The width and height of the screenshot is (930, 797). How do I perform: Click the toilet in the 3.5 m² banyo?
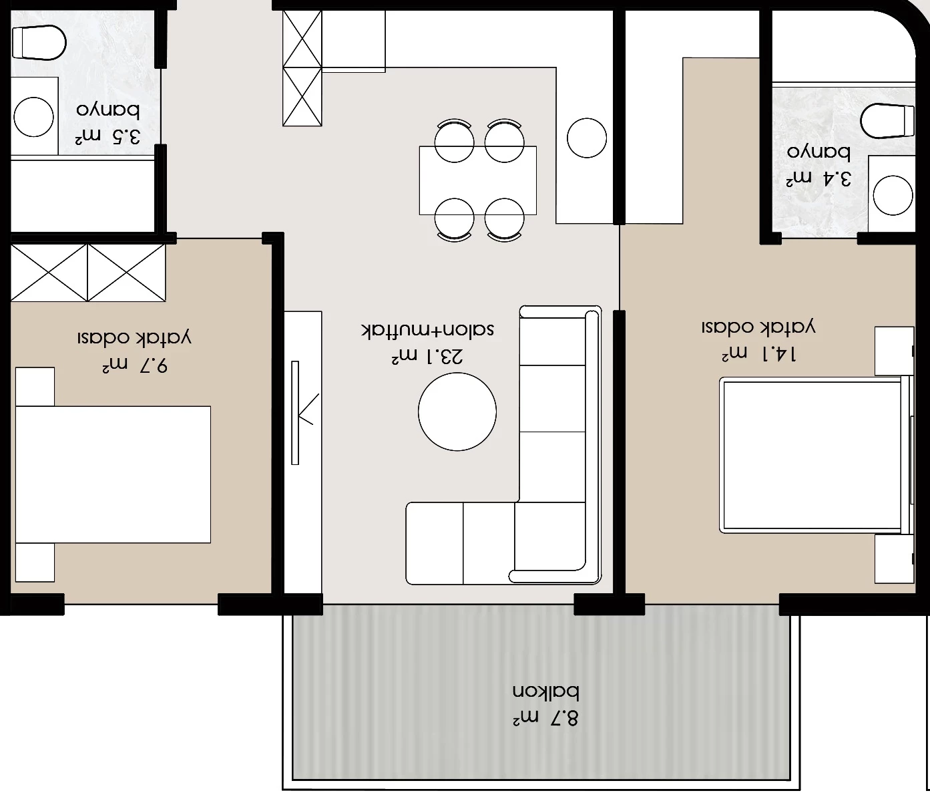pyautogui.click(x=39, y=43)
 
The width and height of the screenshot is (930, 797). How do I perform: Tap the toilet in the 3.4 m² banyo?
pyautogui.click(x=887, y=122)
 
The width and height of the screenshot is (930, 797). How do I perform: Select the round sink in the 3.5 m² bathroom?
pyautogui.click(x=34, y=117)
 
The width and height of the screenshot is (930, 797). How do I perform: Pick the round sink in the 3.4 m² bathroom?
pyautogui.click(x=893, y=196)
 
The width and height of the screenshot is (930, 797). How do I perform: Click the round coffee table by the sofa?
pyautogui.click(x=457, y=412)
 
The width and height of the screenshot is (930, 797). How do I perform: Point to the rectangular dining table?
pyautogui.click(x=478, y=180)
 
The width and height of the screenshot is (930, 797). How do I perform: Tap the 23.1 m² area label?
pyautogui.click(x=427, y=356)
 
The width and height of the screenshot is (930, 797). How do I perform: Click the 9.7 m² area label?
pyautogui.click(x=135, y=365)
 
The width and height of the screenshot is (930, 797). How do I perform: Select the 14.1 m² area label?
pyautogui.click(x=759, y=354)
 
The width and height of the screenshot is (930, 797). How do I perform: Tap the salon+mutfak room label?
pyautogui.click(x=428, y=329)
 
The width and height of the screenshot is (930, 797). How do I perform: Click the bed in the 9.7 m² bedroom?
pyautogui.click(x=113, y=474)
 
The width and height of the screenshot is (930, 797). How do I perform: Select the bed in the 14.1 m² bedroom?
pyautogui.click(x=815, y=455)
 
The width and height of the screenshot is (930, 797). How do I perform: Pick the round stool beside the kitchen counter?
pyautogui.click(x=587, y=138)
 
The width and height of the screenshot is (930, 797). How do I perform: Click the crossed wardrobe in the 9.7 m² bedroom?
pyautogui.click(x=88, y=273)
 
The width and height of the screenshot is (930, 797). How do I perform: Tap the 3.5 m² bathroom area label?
pyautogui.click(x=107, y=137)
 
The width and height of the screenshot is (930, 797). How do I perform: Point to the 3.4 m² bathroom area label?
pyautogui.click(x=819, y=179)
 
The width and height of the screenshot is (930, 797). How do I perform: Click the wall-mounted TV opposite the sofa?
pyautogui.click(x=295, y=412)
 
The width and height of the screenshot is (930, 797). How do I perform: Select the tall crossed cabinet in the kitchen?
pyautogui.click(x=302, y=68)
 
